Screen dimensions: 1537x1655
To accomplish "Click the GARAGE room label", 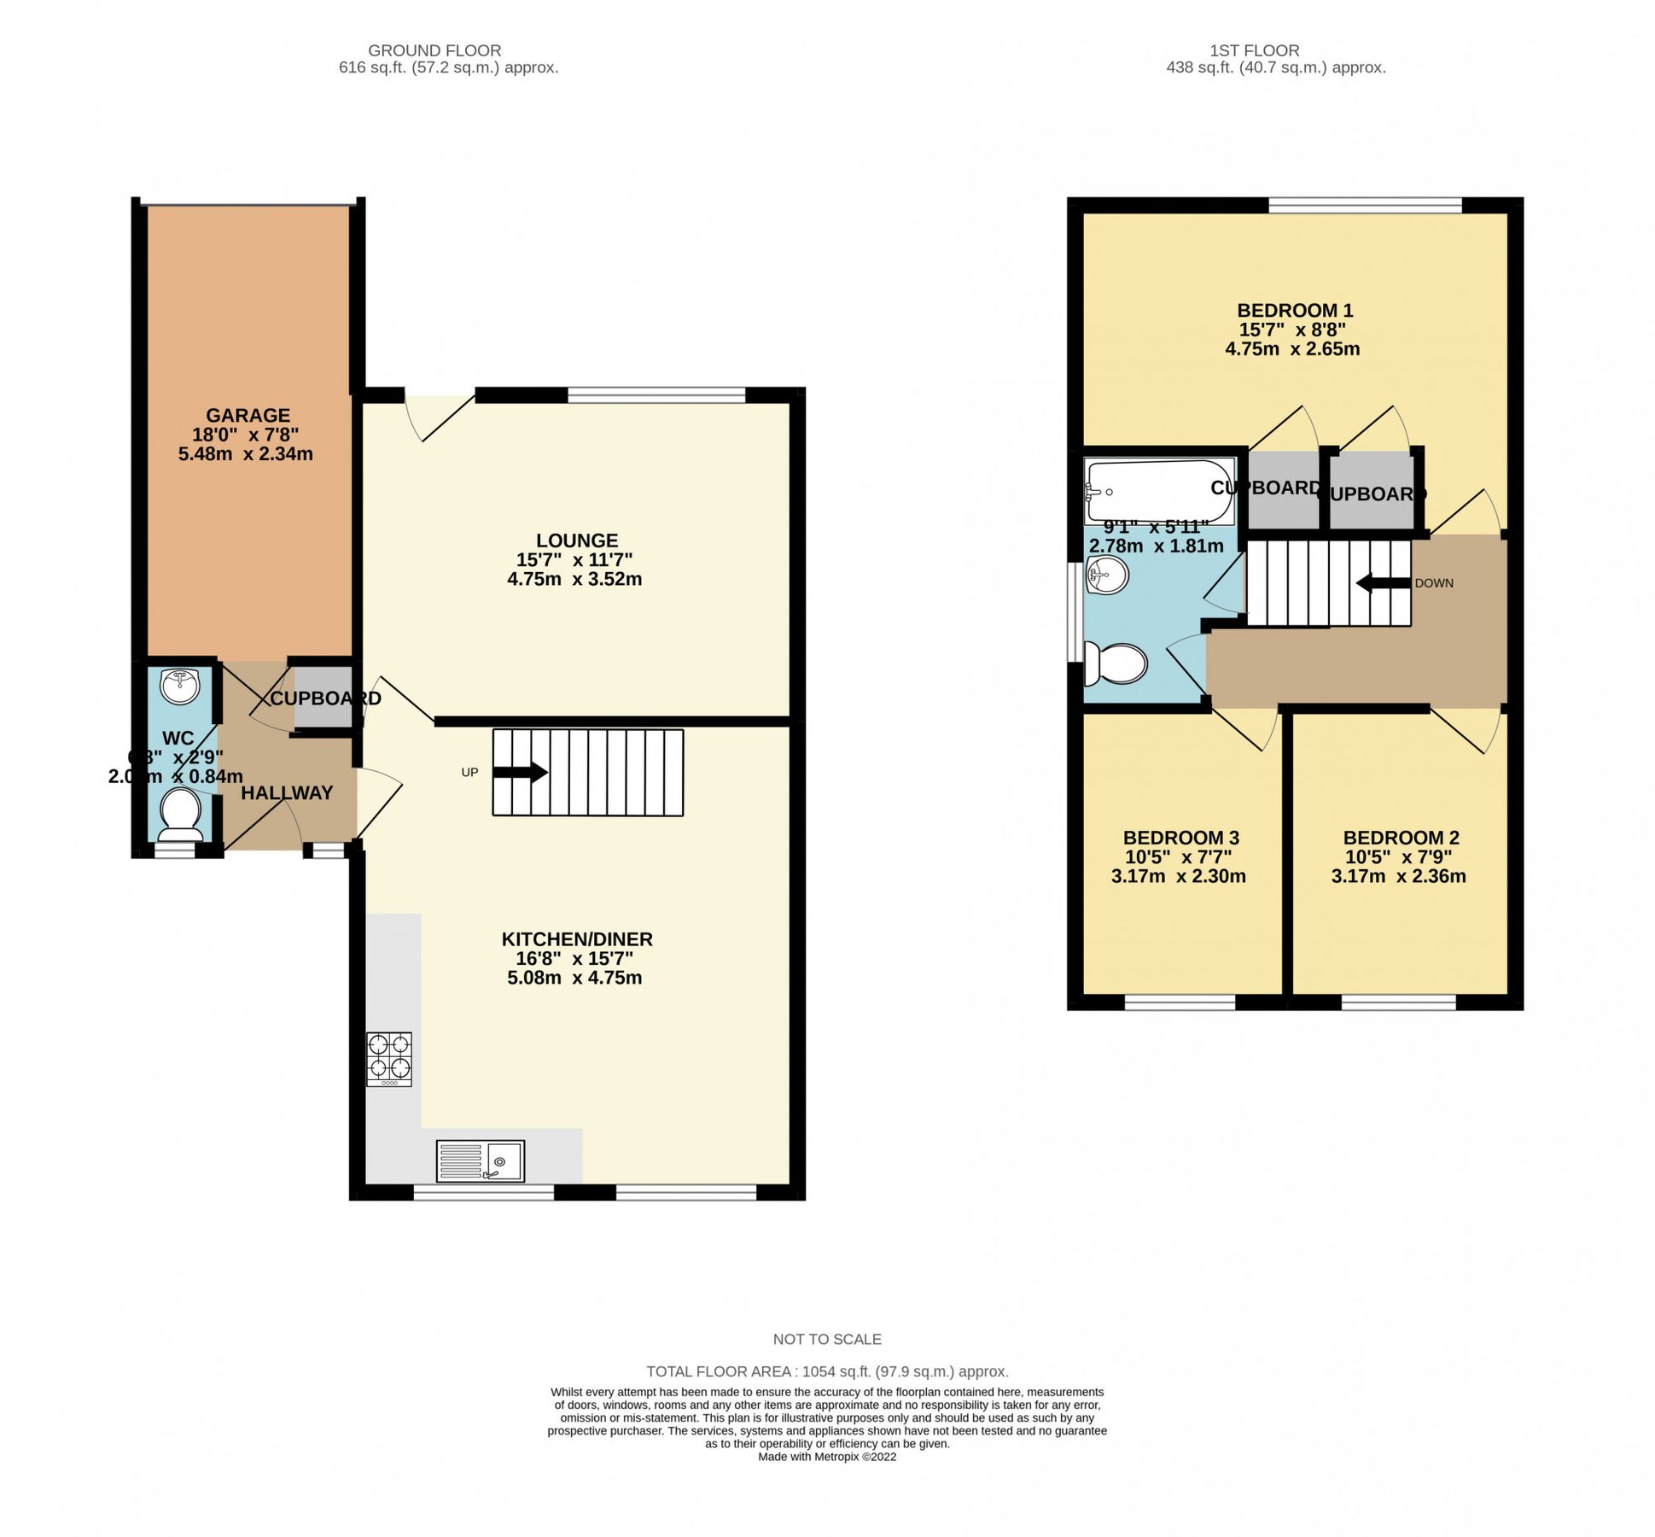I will click(248, 416).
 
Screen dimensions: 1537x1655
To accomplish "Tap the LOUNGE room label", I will click(577, 541).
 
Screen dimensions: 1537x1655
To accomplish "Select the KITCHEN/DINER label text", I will click(577, 939).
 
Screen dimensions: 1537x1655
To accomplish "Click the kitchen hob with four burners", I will click(389, 1059).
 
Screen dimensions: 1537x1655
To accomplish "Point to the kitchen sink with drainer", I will click(481, 1161).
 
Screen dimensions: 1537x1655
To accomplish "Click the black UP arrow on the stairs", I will click(521, 773).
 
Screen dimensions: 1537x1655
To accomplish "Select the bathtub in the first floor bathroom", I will click(1158, 491).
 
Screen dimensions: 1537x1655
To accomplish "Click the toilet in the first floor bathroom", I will click(1116, 663).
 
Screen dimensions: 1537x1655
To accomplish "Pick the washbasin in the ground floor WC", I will click(180, 686).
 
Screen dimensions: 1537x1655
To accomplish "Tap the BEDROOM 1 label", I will click(1295, 311).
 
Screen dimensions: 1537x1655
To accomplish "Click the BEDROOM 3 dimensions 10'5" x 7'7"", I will click(1178, 856).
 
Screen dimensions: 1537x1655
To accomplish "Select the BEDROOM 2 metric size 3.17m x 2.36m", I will click(1398, 876).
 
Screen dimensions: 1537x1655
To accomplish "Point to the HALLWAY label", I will click(287, 793).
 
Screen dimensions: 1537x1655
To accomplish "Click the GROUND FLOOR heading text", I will click(434, 50).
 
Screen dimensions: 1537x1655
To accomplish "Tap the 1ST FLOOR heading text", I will click(1254, 50).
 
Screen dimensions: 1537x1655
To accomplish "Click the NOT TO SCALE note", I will click(827, 1340).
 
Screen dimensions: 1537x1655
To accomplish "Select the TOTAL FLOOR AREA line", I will click(827, 1372).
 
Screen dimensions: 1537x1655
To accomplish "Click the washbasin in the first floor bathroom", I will click(1107, 575).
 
